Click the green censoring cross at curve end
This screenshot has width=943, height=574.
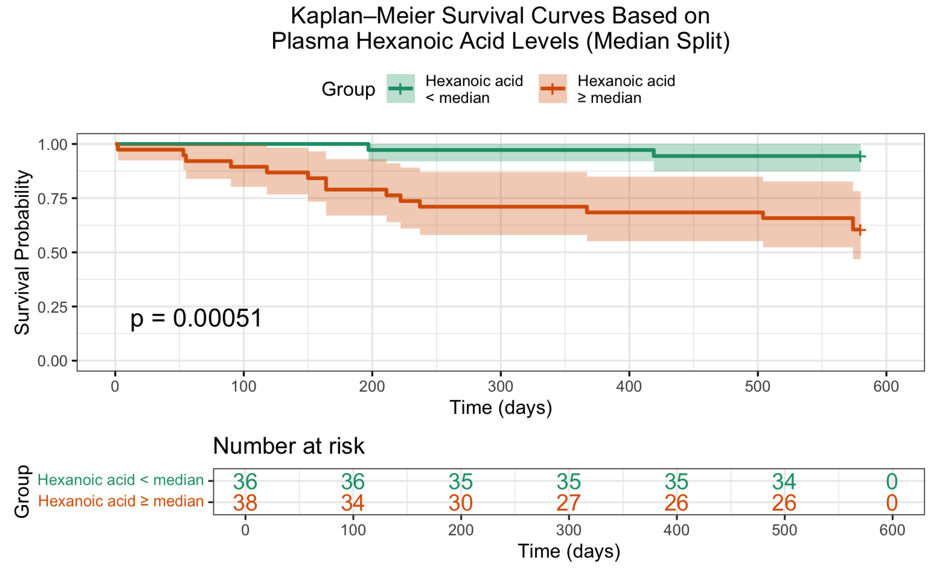pos(860,156)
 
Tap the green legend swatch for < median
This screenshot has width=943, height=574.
pos(400,89)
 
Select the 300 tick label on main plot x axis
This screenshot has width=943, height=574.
pos(501,387)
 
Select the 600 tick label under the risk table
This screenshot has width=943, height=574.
pos(892,530)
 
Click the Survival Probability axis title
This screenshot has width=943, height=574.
pos(22,252)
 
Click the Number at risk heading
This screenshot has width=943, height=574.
pos(289,446)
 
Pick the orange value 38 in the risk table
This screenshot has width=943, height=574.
pos(245,503)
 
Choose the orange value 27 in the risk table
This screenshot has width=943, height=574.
pos(569,503)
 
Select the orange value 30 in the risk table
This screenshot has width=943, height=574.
pos(461,503)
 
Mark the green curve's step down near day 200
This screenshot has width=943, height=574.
pos(369,147)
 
